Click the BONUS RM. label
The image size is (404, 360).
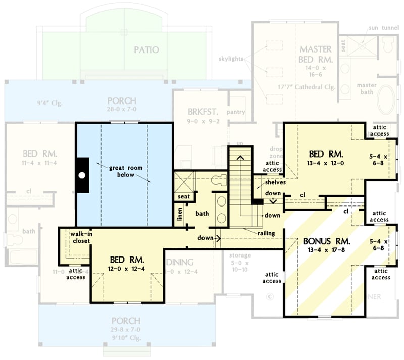tap(324, 241)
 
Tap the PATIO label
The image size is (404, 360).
tap(146, 49)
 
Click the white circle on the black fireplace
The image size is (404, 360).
tap(82, 176)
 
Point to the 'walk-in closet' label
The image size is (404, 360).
tap(80, 238)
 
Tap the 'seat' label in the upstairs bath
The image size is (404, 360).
tap(183, 196)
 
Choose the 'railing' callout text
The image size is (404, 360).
tap(266, 233)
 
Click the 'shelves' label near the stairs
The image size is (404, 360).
tap(275, 182)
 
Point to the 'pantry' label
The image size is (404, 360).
tap(236, 112)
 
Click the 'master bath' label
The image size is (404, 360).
tap(367, 88)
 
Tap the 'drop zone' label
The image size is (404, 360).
tap(275, 153)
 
